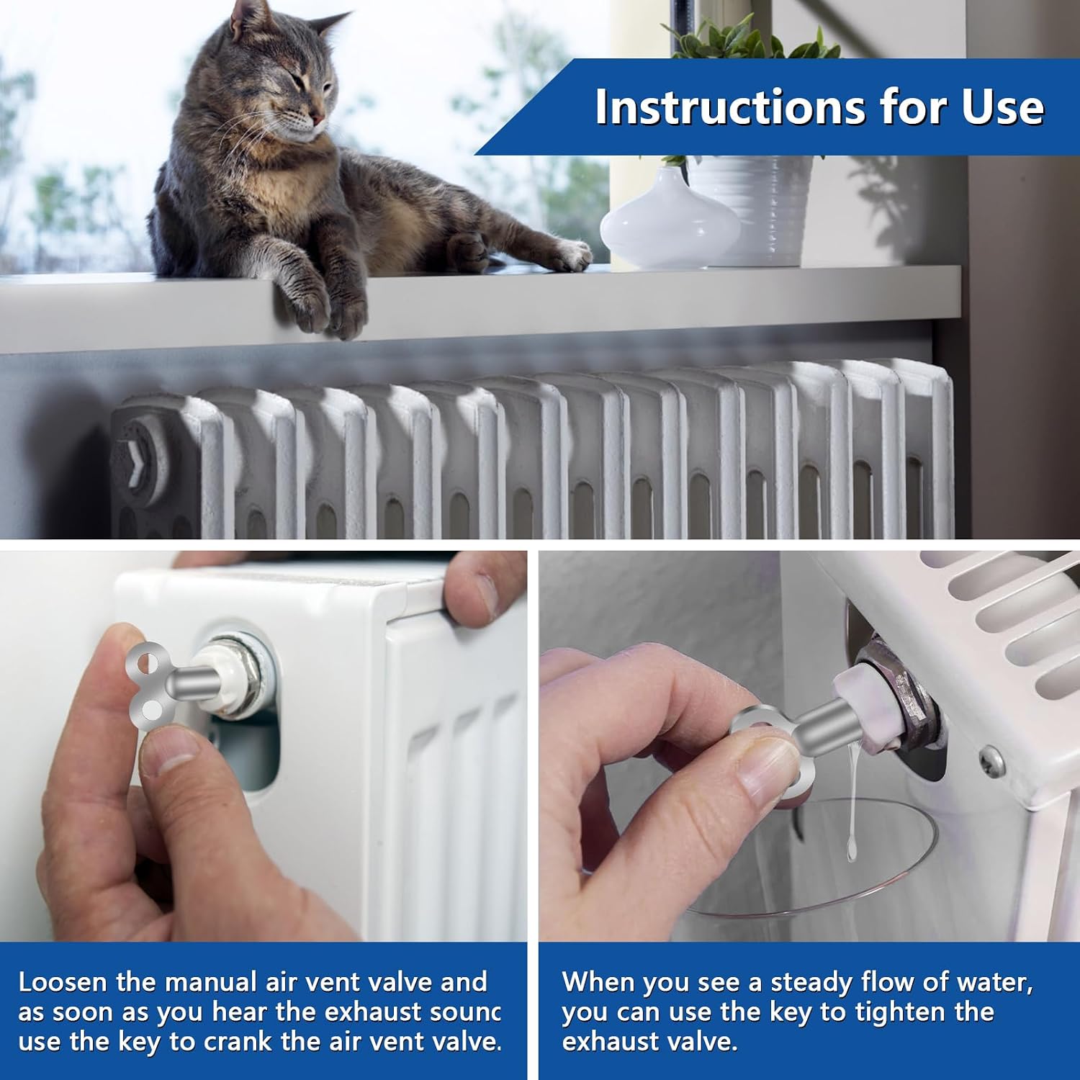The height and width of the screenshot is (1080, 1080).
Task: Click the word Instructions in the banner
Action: (x=729, y=108)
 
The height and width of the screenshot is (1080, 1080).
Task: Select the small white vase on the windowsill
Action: (x=670, y=220)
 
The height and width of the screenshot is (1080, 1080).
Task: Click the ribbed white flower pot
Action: (x=752, y=209)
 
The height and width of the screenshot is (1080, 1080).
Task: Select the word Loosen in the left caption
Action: (x=62, y=982)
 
